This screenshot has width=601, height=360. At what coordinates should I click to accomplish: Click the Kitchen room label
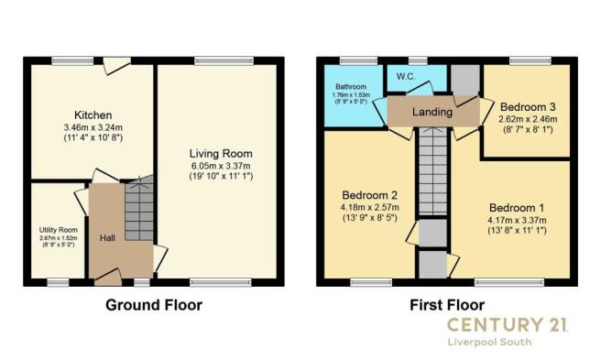tap(93, 115)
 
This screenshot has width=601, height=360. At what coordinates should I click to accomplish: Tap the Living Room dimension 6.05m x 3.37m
tap(221, 166)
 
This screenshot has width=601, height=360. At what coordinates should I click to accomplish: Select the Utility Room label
tap(59, 230)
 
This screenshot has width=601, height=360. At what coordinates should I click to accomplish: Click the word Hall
tap(107, 238)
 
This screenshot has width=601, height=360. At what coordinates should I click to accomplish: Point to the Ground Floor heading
tap(154, 305)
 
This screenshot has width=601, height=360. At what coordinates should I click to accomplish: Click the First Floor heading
tap(447, 305)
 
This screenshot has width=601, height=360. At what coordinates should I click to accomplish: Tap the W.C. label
tap(406, 77)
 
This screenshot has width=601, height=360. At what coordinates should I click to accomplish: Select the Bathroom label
tap(351, 87)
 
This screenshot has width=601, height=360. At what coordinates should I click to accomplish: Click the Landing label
tap(432, 112)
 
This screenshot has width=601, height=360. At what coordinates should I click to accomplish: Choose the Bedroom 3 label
tap(528, 107)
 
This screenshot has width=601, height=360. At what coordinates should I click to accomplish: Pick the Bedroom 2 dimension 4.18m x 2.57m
tap(369, 208)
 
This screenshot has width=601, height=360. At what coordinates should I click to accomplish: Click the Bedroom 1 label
tap(517, 208)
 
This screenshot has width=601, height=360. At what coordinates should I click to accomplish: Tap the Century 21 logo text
tap(508, 324)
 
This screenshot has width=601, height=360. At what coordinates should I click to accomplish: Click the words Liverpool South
tap(489, 342)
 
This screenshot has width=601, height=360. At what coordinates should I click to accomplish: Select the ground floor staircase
tap(139, 208)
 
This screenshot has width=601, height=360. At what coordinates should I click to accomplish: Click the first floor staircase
tap(432, 171)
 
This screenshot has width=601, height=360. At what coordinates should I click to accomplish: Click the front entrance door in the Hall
tap(108, 278)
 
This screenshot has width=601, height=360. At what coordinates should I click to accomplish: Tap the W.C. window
tap(418, 60)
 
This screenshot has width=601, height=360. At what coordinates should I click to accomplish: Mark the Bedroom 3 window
tap(530, 60)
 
